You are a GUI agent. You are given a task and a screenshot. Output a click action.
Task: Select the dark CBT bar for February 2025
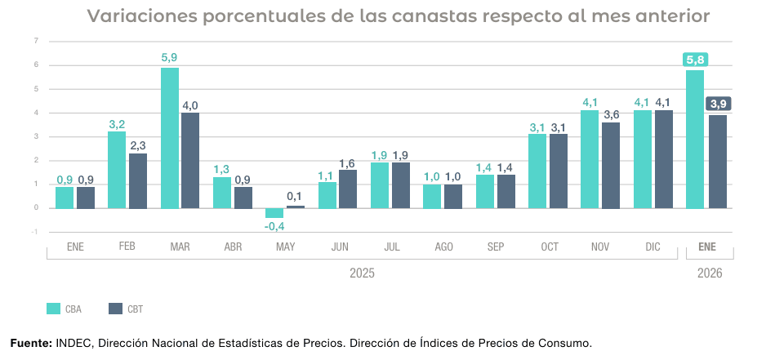point(138,180)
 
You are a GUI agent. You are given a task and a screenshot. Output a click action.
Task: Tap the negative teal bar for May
point(274,212)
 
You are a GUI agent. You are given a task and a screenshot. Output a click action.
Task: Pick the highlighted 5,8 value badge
point(695,59)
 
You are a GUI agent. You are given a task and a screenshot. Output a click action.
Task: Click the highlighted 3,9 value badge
point(719,104)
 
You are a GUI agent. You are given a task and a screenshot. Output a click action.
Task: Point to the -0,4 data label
point(274,226)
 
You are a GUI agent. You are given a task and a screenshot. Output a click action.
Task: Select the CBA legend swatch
point(54,309)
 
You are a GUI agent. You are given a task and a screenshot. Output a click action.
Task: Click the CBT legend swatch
point(114,309)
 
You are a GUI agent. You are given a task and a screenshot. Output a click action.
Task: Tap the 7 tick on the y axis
point(36,41)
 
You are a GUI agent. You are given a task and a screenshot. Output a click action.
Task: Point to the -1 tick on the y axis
point(35,232)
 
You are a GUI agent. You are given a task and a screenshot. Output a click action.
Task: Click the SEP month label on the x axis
point(495,246)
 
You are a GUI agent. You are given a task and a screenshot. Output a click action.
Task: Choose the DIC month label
point(653,246)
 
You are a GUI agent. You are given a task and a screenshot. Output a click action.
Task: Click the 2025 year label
point(361,273)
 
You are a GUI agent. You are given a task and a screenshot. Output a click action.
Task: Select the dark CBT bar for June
point(348,189)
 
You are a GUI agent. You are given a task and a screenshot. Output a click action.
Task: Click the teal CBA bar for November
point(590,159)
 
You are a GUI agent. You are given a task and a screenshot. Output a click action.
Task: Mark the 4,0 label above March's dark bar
point(190,105)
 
